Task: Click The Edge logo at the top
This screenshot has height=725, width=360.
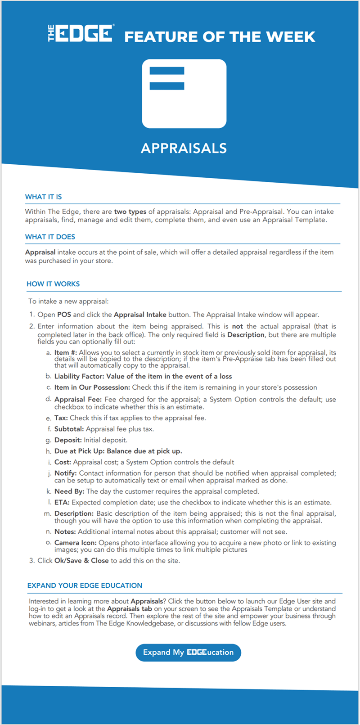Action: (x=81, y=34)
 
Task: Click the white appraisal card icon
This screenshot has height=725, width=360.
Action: (x=184, y=94)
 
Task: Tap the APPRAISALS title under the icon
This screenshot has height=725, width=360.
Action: (x=184, y=148)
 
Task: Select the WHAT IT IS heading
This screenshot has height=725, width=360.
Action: (x=44, y=197)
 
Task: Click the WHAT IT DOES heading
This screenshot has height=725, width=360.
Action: (x=50, y=237)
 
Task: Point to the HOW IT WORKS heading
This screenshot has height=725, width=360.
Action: (x=53, y=284)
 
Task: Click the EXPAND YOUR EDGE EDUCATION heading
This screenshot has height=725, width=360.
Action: (x=85, y=585)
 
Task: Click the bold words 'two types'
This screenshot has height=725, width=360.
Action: (x=130, y=212)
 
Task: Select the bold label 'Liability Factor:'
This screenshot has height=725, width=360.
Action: (x=79, y=376)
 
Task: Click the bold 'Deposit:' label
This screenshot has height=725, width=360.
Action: (x=68, y=440)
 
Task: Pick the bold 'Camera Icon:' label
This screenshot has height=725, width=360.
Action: (x=75, y=543)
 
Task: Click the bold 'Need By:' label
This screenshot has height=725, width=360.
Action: (x=69, y=491)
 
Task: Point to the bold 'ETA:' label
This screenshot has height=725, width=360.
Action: (x=62, y=502)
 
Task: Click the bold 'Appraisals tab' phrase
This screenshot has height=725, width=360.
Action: (x=130, y=609)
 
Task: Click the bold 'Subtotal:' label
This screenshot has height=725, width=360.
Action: (x=69, y=429)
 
